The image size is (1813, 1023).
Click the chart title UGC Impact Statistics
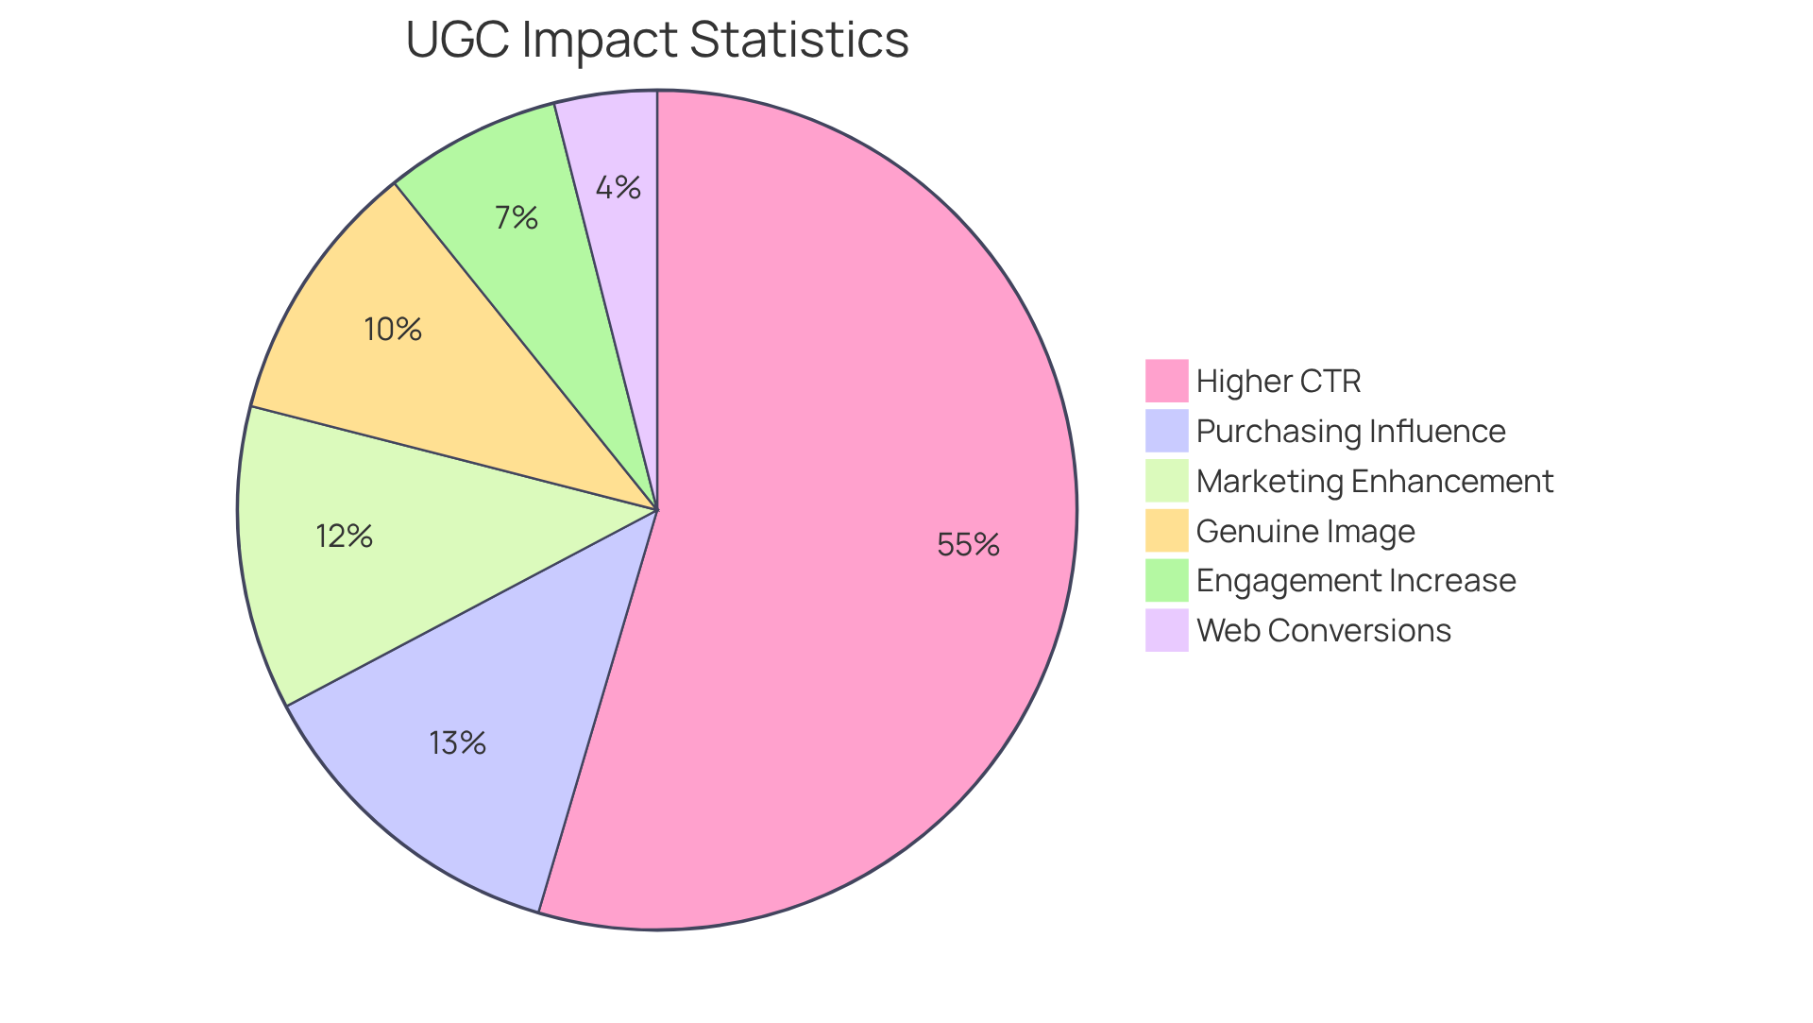pyautogui.click(x=656, y=40)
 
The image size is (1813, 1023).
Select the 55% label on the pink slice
pyautogui.click(x=968, y=544)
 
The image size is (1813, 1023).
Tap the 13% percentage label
pyautogui.click(x=457, y=743)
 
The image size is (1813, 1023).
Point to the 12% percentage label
pyautogui.click(x=344, y=537)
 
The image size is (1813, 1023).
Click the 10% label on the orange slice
pyautogui.click(x=392, y=329)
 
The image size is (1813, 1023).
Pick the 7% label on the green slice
pyautogui.click(x=517, y=218)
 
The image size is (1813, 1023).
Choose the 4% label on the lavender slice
pyautogui.click(x=618, y=187)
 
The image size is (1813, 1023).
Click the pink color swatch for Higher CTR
pyautogui.click(x=1166, y=381)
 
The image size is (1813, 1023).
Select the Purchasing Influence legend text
pyautogui.click(x=1350, y=431)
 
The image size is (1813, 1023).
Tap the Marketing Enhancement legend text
pyautogui.click(x=1374, y=481)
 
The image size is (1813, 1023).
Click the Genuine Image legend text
pyautogui.click(x=1305, y=531)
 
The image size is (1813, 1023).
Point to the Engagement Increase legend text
pyautogui.click(x=1355, y=580)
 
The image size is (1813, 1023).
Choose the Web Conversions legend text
pyautogui.click(x=1323, y=630)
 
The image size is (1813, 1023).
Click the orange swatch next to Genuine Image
pyautogui.click(x=1166, y=531)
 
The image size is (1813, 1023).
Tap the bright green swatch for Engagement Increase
pyautogui.click(x=1166, y=580)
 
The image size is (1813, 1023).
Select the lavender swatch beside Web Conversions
pyautogui.click(x=1166, y=630)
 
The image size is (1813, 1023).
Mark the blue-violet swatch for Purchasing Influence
pyautogui.click(x=1166, y=431)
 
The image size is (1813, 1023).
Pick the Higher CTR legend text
pyautogui.click(x=1278, y=381)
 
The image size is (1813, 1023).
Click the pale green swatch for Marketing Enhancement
pyautogui.click(x=1166, y=481)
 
